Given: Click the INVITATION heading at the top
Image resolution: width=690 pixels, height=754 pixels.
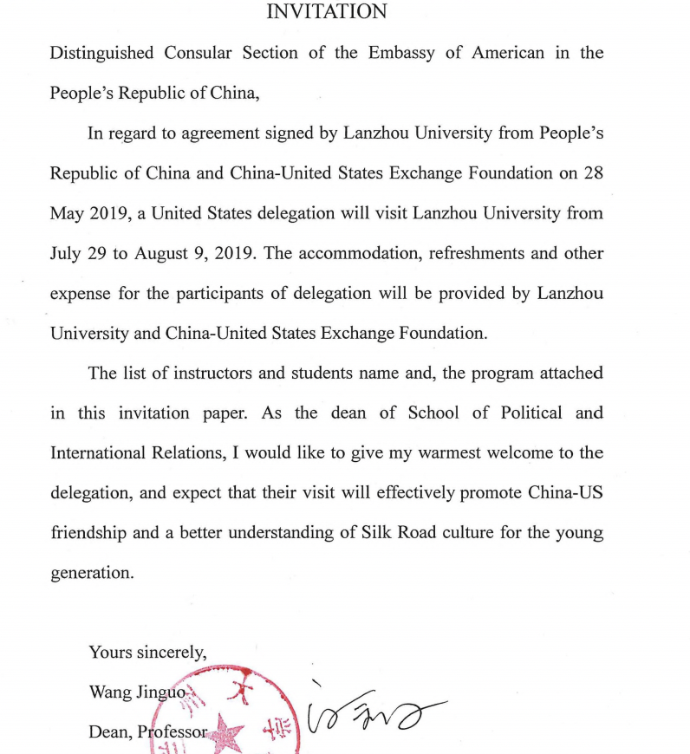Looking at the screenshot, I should click(x=326, y=11).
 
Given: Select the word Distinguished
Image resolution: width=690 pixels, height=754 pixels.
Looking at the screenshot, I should click(x=101, y=53).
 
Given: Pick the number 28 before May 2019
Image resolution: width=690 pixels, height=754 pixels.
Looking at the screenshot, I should click(x=593, y=172).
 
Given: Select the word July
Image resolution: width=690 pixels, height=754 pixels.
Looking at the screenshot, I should click(x=68, y=253).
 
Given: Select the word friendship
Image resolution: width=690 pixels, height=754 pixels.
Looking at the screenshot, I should click(x=87, y=532).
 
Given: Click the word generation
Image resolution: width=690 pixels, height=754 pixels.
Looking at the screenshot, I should click(x=92, y=572).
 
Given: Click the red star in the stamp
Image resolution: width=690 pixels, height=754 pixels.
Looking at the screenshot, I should click(x=229, y=732).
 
